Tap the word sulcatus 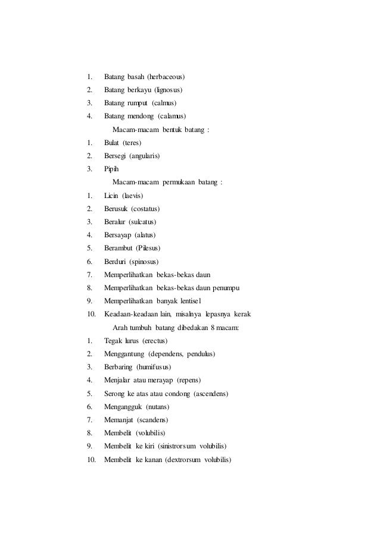coord(141,222)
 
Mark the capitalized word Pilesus coord(149,248)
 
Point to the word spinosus coord(144,262)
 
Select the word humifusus coord(156,367)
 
